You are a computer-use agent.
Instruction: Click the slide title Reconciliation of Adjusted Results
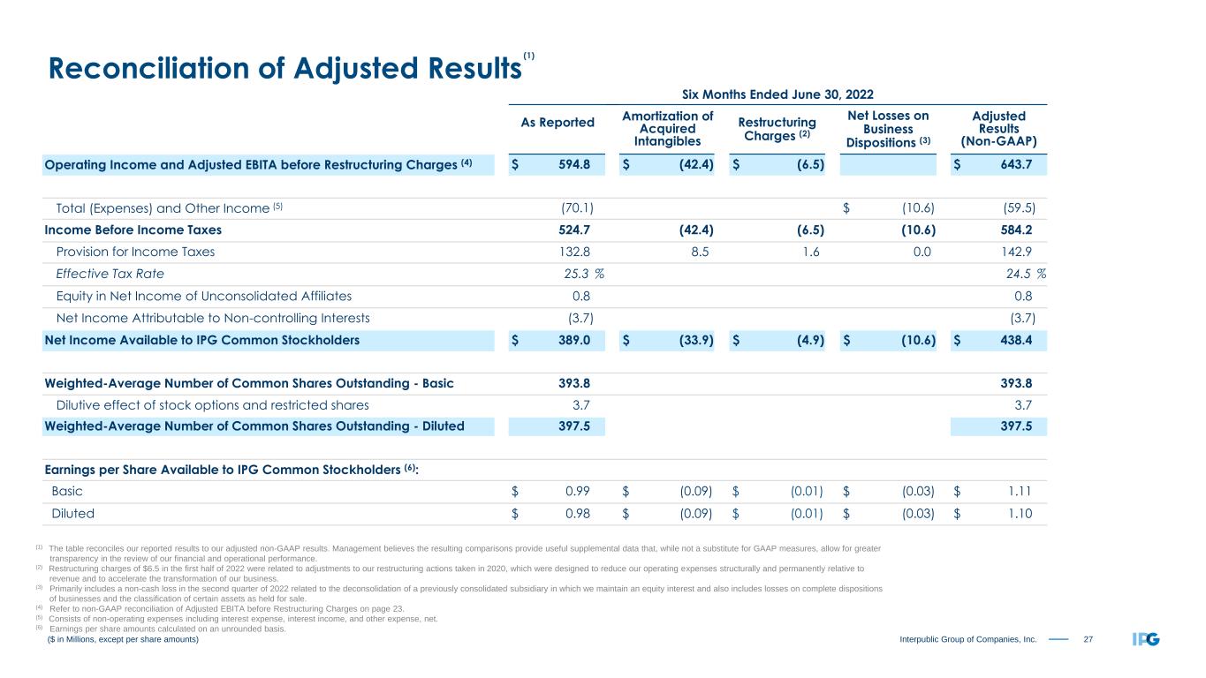tap(283, 70)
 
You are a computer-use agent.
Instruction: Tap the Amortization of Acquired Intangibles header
tap(668, 129)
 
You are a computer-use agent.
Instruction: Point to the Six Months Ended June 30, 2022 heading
tap(777, 94)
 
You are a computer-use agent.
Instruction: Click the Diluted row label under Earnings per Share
tap(73, 512)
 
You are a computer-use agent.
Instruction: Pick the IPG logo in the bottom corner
tap(1145, 638)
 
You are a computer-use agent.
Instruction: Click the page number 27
tap(1087, 638)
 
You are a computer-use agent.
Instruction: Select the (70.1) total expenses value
tap(577, 208)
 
